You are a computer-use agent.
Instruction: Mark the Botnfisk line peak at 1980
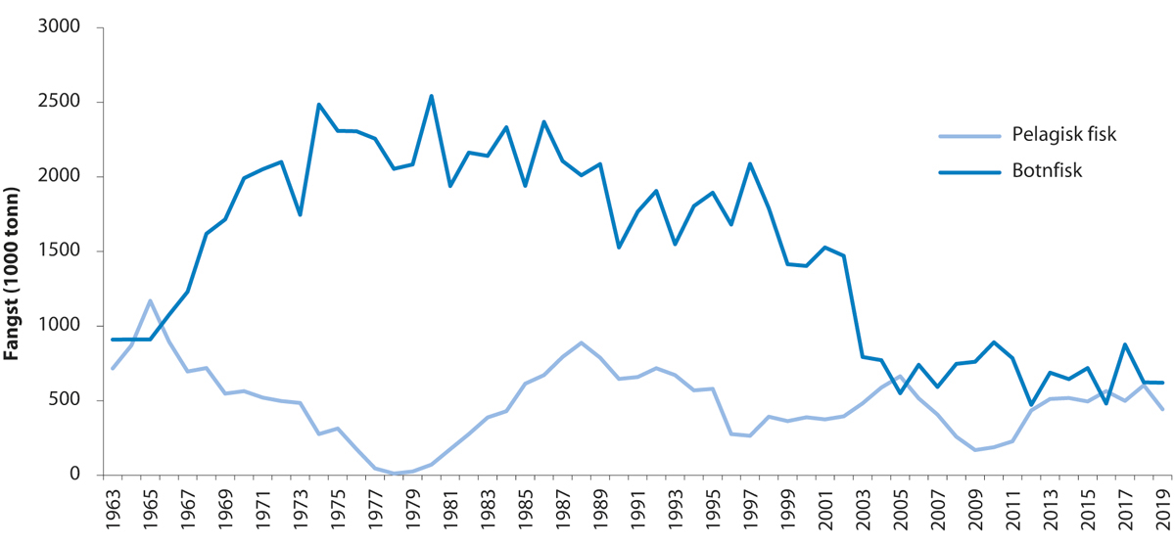pyautogui.click(x=431, y=96)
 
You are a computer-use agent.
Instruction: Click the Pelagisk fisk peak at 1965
pyautogui.click(x=150, y=300)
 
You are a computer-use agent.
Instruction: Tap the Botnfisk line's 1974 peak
pyautogui.click(x=318, y=105)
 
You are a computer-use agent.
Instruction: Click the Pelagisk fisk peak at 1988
pyautogui.click(x=581, y=342)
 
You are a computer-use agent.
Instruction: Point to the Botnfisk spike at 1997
pyautogui.click(x=750, y=163)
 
